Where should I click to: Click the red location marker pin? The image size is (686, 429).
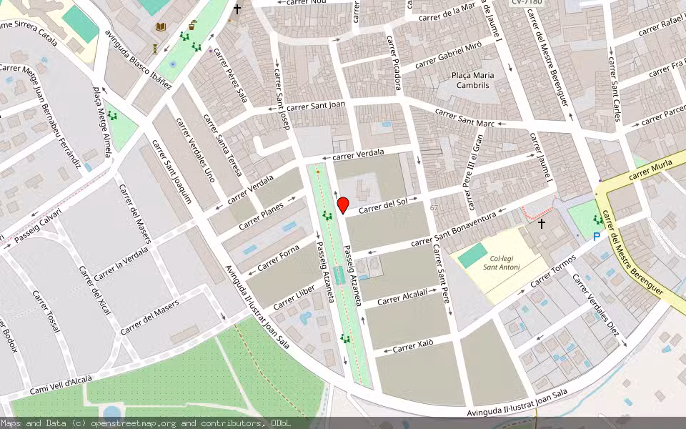[343, 205]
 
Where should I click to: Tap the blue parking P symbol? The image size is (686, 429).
[596, 236]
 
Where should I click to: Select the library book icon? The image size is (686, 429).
[161, 27]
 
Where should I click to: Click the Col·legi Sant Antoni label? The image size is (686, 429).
[501, 262]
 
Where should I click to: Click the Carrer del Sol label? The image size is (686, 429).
[382, 205]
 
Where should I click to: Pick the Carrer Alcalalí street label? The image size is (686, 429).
[402, 296]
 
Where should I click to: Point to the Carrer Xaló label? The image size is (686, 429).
[414, 347]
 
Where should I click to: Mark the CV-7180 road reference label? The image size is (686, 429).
[527, 3]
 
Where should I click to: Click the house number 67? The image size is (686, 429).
[434, 208]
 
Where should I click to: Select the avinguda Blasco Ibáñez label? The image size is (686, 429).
[138, 61]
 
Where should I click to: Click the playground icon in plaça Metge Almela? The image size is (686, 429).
[112, 116]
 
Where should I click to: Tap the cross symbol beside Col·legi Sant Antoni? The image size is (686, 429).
[542, 224]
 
